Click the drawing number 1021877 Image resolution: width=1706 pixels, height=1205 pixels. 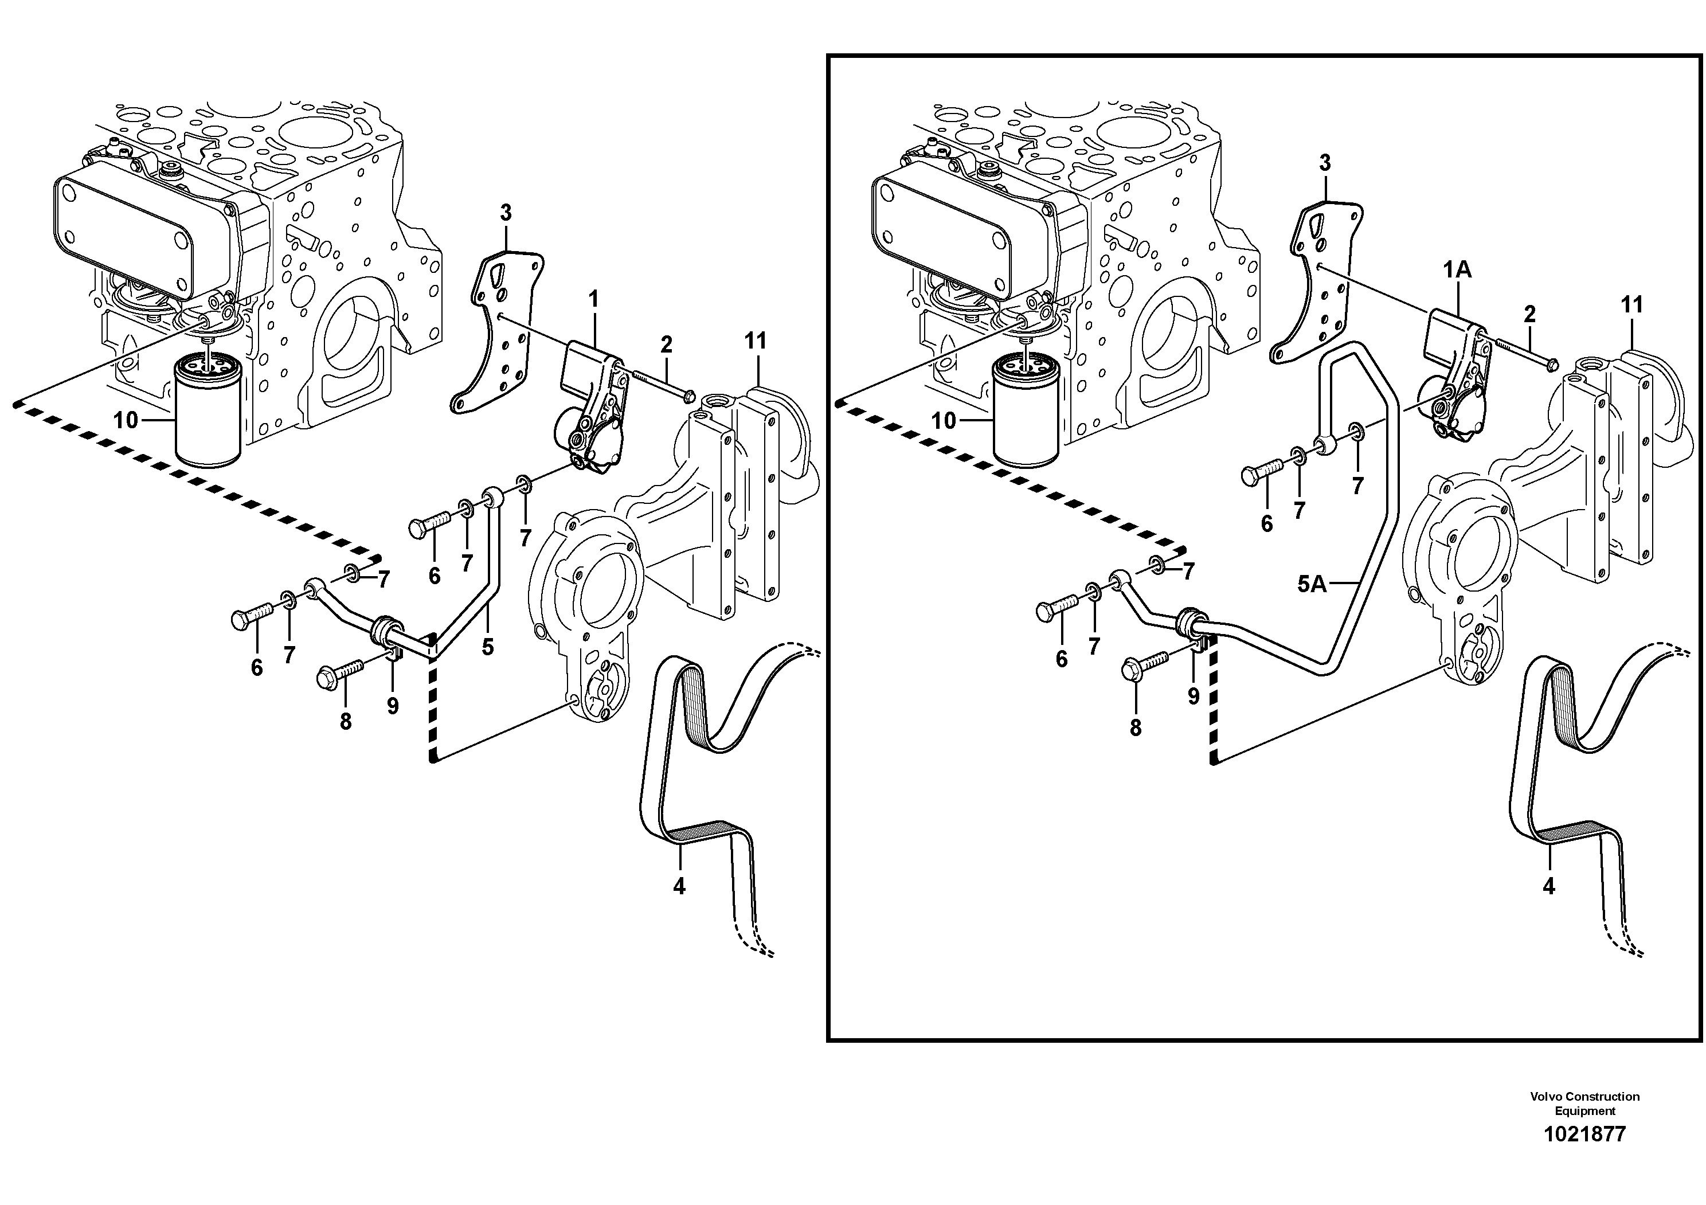coord(1585,1134)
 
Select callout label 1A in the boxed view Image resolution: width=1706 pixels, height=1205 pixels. coord(1457,271)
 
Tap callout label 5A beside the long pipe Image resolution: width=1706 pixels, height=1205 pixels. coord(1312,585)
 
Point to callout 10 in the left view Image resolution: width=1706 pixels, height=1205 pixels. coord(126,420)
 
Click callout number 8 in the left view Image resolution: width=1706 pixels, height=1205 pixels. coord(346,721)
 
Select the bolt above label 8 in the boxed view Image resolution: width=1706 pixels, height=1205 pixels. coord(1147,660)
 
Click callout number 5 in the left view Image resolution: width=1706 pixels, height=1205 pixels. coord(487,647)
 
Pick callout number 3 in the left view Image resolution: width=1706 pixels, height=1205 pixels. coord(506,213)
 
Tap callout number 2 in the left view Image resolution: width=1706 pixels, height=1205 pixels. coord(667,345)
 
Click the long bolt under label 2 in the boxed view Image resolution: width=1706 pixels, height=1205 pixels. coord(1523,354)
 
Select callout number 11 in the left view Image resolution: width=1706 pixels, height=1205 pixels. coord(756,341)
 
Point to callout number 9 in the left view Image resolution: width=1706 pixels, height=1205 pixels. coord(392,706)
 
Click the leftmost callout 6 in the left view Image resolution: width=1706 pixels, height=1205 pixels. coord(256,668)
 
